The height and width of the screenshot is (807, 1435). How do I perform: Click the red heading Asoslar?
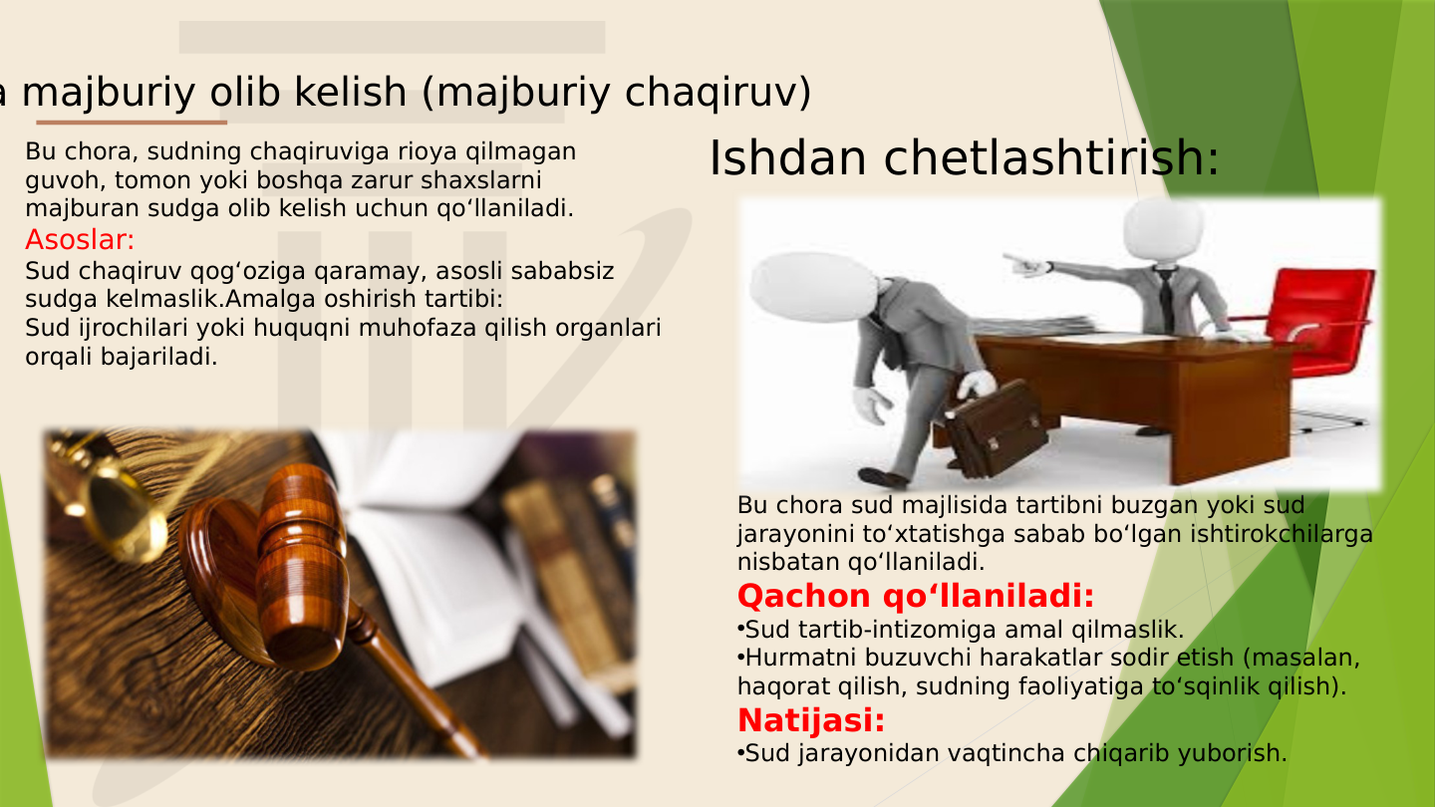[x=80, y=240]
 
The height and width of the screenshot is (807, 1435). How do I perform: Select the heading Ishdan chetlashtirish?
[x=964, y=158]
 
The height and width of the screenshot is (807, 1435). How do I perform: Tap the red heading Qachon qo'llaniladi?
[x=915, y=597]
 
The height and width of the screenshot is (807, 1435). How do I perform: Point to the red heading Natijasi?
[x=811, y=719]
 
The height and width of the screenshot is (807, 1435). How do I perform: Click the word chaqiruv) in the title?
[x=717, y=93]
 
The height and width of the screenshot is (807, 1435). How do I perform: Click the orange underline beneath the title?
[x=131, y=123]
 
